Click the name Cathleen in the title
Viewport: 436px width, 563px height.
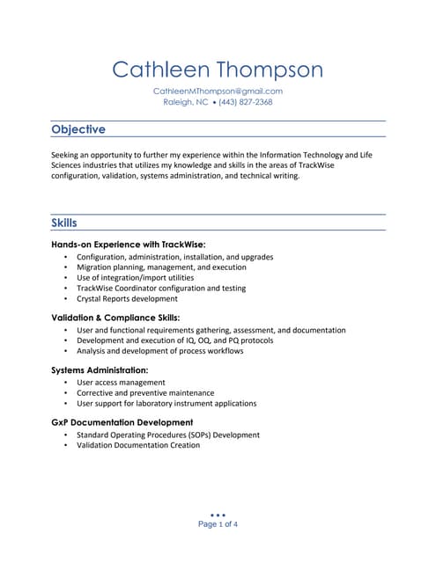pyautogui.click(x=162, y=69)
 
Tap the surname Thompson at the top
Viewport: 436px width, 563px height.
pyautogui.click(x=270, y=69)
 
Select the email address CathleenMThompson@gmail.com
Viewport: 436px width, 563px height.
pyautogui.click(x=218, y=91)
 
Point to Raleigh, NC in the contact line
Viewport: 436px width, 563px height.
pyautogui.click(x=186, y=102)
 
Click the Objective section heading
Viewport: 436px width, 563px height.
pyautogui.click(x=78, y=129)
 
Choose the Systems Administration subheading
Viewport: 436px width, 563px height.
pyautogui.click(x=100, y=370)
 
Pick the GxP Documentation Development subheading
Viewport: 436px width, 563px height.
pyautogui.click(x=122, y=422)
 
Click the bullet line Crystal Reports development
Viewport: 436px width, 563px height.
pyautogui.click(x=127, y=299)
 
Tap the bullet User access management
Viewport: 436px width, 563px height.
pyautogui.click(x=121, y=383)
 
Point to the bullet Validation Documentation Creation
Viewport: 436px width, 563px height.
pyautogui.click(x=138, y=445)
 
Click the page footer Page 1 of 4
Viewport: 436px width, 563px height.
pyautogui.click(x=218, y=524)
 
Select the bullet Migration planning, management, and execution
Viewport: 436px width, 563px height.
pyautogui.click(x=161, y=267)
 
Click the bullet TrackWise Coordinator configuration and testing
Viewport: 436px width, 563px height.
pyautogui.click(x=161, y=289)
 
